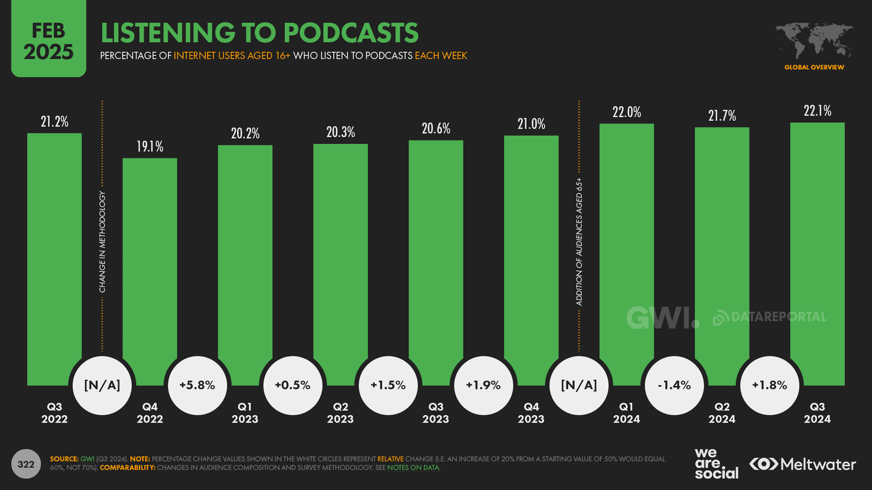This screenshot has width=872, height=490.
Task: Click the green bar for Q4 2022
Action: [149, 261]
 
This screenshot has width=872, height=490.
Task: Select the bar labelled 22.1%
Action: [817, 244]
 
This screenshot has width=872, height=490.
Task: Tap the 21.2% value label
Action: [55, 122]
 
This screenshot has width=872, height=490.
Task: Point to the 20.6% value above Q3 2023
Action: [436, 129]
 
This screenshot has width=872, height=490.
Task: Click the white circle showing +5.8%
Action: [197, 385]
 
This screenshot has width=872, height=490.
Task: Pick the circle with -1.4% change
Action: [674, 385]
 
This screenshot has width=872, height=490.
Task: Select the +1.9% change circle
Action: [483, 385]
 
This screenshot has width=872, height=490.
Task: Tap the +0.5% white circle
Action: [292, 385]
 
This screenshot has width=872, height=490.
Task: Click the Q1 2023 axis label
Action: [245, 413]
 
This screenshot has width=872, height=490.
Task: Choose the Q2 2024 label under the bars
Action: [721, 413]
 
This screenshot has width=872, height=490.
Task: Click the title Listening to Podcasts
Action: [259, 33]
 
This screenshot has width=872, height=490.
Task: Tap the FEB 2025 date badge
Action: [48, 41]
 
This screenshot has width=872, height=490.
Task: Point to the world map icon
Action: [814, 41]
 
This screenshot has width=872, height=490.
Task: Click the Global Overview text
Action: [814, 67]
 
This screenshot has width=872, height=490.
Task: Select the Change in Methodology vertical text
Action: [102, 242]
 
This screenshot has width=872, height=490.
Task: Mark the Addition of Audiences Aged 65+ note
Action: [579, 242]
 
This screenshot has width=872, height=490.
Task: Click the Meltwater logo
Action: [803, 464]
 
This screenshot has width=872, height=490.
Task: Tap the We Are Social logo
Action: [716, 463]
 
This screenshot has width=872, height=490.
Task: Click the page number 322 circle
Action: [26, 464]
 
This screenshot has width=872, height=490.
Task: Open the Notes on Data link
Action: [413, 468]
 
